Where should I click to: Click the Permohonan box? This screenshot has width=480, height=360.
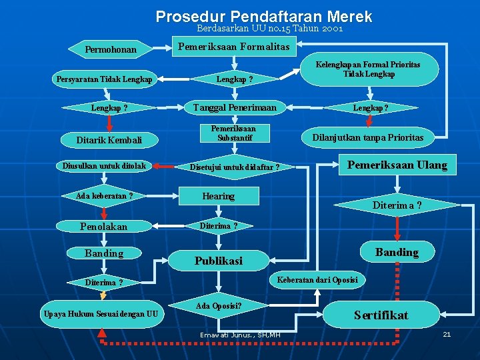coord(111,49)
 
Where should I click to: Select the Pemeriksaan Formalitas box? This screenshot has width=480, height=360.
coord(233,47)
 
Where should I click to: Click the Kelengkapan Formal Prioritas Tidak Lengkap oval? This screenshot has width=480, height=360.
coord(369,69)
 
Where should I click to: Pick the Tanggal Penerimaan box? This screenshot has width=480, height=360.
coord(233,107)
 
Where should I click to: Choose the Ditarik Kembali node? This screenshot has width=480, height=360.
coord(109,140)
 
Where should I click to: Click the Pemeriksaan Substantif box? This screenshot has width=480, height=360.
coord(233,133)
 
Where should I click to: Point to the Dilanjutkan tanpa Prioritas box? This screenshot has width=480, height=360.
coord(369,137)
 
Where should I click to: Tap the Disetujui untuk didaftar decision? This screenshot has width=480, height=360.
coord(234,167)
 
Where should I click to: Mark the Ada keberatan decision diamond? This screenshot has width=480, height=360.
coord(105,196)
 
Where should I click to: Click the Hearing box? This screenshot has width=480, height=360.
coord(219,196)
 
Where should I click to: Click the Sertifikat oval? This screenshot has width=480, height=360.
coord(381,315)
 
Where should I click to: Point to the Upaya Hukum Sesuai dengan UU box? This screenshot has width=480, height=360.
coord(101,314)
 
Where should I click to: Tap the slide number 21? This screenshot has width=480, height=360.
coord(447,333)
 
